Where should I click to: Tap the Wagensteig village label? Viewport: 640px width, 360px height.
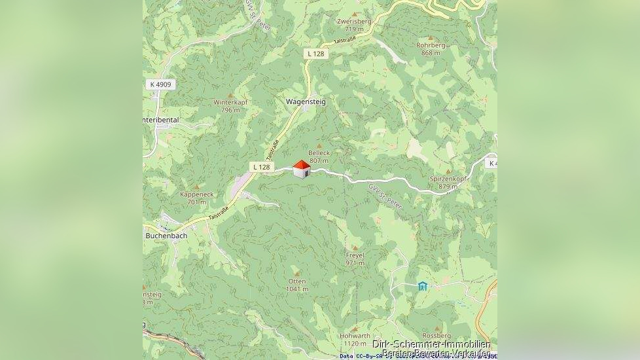tap(302, 101)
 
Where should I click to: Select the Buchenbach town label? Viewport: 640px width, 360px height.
tap(166, 236)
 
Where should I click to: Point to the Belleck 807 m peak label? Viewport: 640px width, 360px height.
tap(319, 156)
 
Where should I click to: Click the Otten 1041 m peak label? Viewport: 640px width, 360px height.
tap(296, 285)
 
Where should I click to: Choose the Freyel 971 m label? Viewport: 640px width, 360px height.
tap(355, 259)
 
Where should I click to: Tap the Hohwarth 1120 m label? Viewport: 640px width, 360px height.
tap(355, 340)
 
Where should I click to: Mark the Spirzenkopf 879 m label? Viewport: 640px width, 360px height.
tap(448, 182)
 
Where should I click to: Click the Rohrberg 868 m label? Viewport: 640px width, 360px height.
tap(431, 48)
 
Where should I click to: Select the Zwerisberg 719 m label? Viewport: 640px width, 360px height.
tap(354, 25)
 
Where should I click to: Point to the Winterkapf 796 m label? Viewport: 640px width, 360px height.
tap(230, 106)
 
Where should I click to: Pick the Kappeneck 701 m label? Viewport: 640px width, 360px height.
tap(196, 198)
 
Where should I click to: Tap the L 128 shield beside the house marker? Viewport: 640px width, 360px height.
tap(261, 167)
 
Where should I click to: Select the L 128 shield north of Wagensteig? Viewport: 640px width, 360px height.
tap(315, 54)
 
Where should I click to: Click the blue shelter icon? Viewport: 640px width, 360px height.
tap(423, 286)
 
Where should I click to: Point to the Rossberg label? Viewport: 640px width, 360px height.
tap(436, 336)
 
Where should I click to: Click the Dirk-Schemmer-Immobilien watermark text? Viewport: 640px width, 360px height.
tap(431, 344)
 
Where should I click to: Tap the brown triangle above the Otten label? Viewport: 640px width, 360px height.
tap(296, 273)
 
